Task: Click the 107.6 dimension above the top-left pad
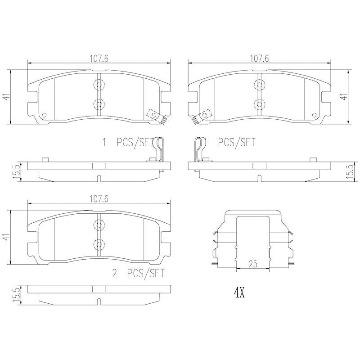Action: pyautogui.click(x=99, y=59)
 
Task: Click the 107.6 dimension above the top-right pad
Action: pyautogui.click(x=260, y=59)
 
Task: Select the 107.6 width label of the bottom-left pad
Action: pyautogui.click(x=99, y=199)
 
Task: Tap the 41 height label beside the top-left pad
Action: pyautogui.click(x=7, y=97)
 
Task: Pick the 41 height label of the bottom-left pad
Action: pyautogui.click(x=7, y=237)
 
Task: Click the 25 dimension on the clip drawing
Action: pyautogui.click(x=253, y=264)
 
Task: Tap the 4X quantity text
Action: pyautogui.click(x=239, y=293)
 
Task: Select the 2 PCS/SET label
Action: pyautogui.click(x=139, y=273)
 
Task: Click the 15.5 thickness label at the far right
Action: pyautogui.click(x=351, y=172)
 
